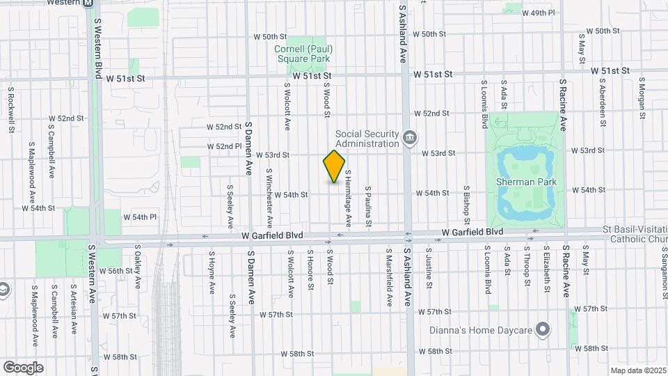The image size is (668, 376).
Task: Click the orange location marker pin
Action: click(x=335, y=166)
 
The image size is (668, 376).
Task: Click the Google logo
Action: click(x=23, y=368)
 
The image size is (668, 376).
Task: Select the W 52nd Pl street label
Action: click(x=224, y=147)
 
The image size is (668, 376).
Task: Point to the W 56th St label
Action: click(x=116, y=271)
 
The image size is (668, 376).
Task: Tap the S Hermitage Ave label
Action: click(x=347, y=198)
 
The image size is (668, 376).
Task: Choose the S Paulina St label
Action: click(x=368, y=206)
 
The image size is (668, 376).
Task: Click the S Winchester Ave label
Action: click(x=269, y=187)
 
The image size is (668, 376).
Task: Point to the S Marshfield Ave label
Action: click(x=388, y=281)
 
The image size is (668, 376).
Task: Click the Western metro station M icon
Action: click(x=88, y=3)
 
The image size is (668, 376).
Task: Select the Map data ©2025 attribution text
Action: click(x=638, y=370)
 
